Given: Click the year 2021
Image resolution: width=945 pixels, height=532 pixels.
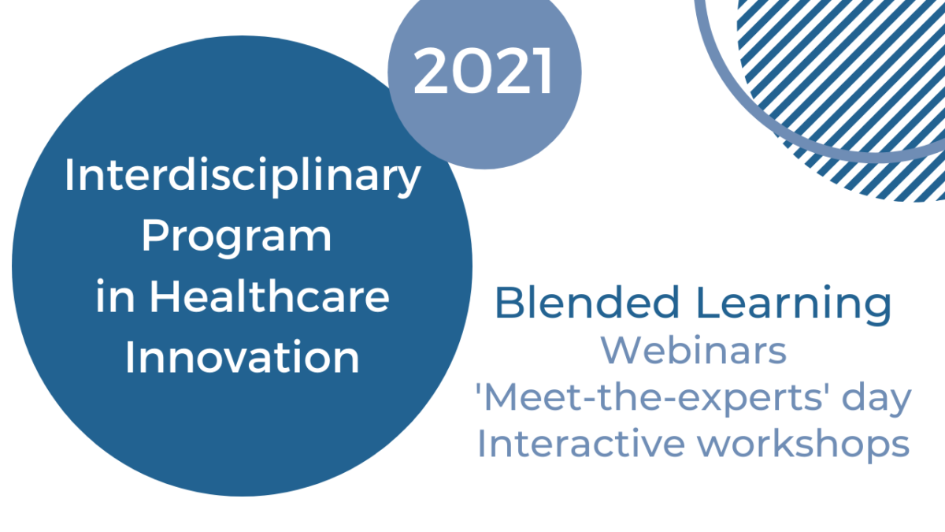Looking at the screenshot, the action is click(483, 70).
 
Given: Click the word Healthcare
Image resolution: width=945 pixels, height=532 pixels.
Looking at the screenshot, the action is click(269, 295).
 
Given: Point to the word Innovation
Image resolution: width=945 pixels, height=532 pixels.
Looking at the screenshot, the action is click(243, 357).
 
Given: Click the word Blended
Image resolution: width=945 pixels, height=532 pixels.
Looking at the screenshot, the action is click(587, 302).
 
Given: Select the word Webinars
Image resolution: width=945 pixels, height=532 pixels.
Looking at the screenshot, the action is click(694, 350).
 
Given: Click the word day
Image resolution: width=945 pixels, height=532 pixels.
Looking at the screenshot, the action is click(876, 400).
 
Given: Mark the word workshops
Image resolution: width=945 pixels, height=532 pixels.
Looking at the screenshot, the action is click(804, 446).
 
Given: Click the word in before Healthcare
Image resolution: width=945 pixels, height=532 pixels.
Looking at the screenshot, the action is click(115, 295).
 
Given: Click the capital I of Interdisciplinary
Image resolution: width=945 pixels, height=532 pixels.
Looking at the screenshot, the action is click(69, 175).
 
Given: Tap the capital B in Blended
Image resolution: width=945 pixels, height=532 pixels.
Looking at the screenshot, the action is click(510, 303).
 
